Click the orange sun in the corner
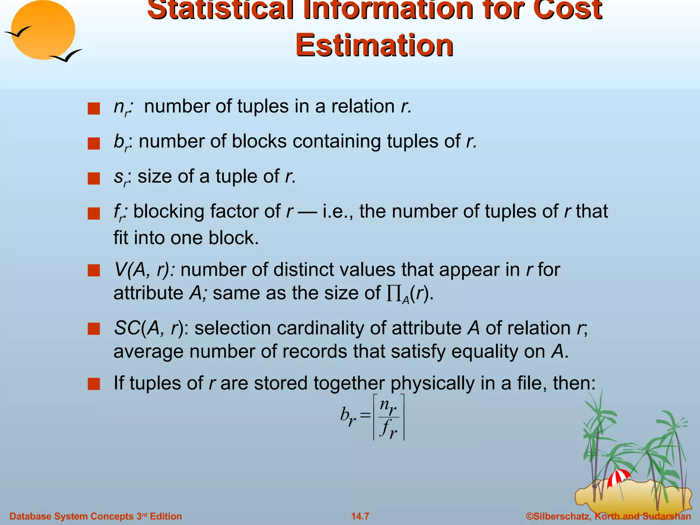(x=43, y=30)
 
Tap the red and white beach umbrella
(x=619, y=477)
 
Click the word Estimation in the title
(x=374, y=45)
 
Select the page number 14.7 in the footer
(x=360, y=516)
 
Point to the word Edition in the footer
(x=166, y=516)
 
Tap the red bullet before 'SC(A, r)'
(x=93, y=329)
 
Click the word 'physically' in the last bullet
(x=432, y=383)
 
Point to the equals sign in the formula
(x=365, y=415)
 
